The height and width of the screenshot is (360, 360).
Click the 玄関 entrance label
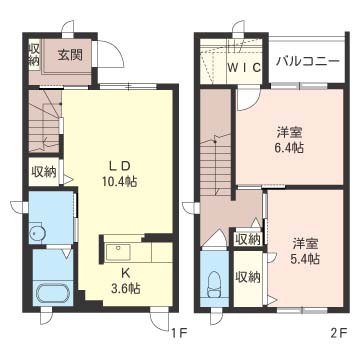[69, 53]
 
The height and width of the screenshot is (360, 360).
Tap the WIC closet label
[243, 67]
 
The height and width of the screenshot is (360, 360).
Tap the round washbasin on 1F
[37, 234]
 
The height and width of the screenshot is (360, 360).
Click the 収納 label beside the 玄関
[34, 53]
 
